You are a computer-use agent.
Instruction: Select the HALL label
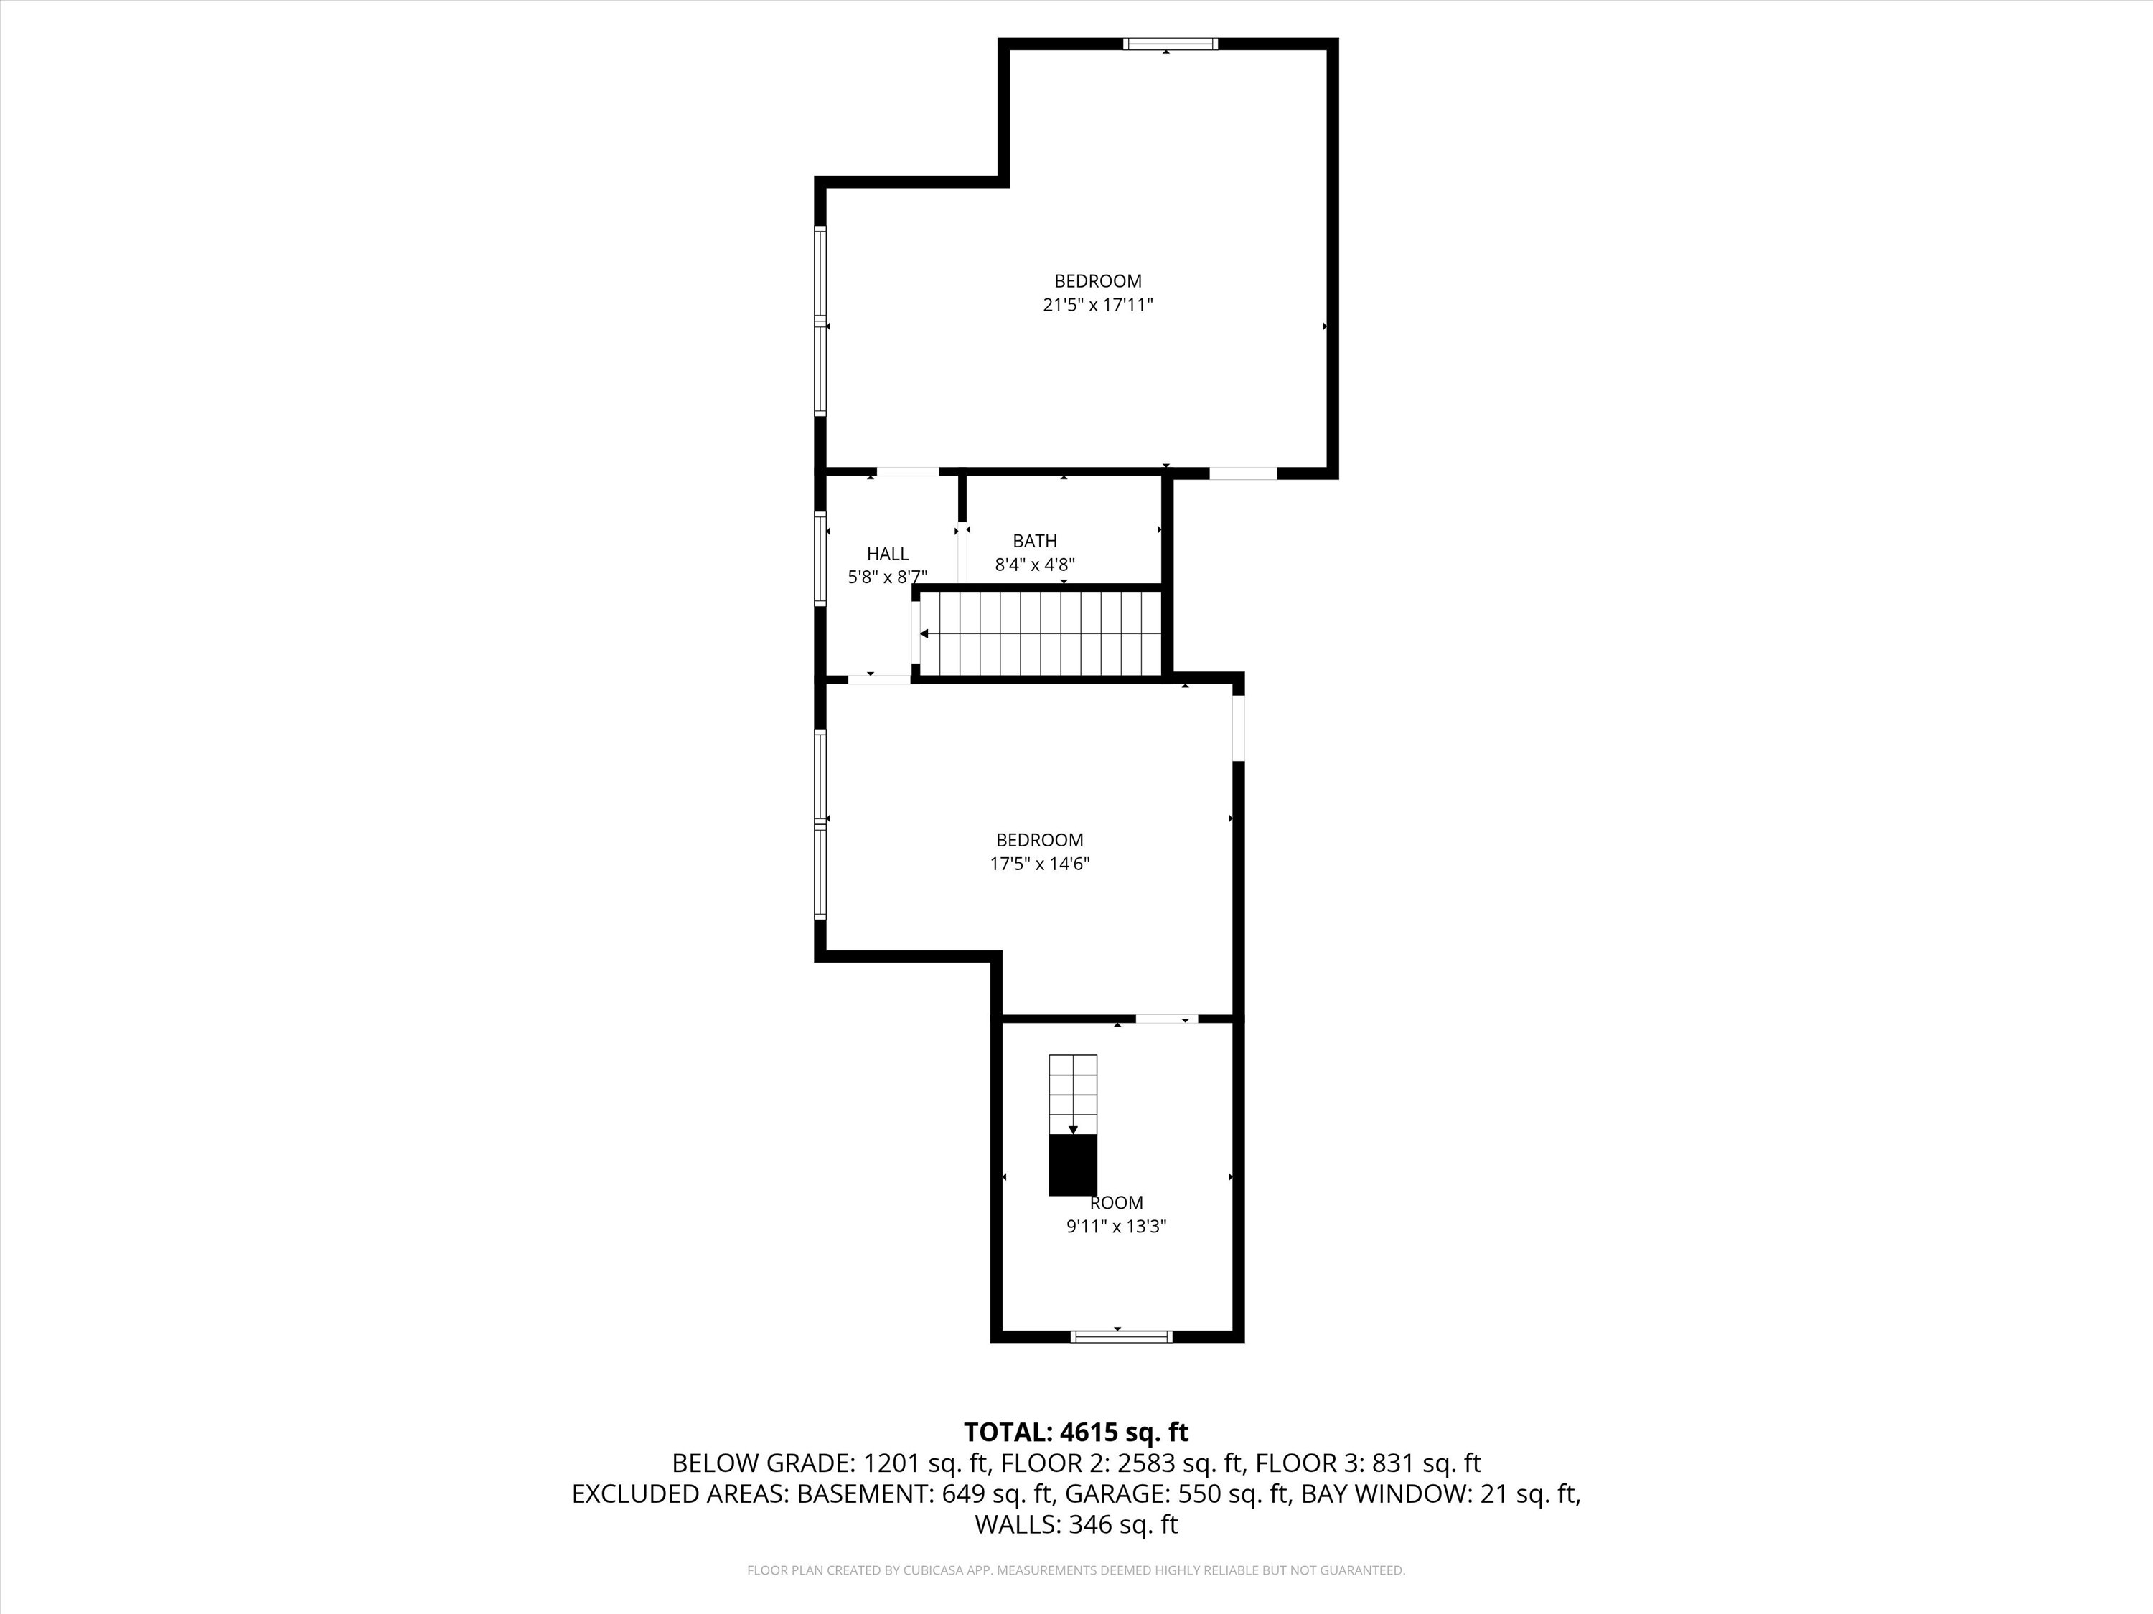[x=887, y=554]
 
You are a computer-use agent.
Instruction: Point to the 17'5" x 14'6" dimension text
[x=1038, y=864]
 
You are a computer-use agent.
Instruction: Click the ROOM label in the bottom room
[x=1117, y=1202]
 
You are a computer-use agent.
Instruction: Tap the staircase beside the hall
[x=1041, y=633]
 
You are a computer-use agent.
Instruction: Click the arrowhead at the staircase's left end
[x=924, y=634]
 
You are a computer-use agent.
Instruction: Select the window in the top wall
[x=1169, y=44]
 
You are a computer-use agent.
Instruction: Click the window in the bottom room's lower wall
[x=1120, y=1336]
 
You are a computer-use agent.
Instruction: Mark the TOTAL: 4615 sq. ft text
[x=1076, y=1432]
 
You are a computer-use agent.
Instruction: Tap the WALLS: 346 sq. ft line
[x=1076, y=1524]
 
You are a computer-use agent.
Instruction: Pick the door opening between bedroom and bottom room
[x=1166, y=1019]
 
